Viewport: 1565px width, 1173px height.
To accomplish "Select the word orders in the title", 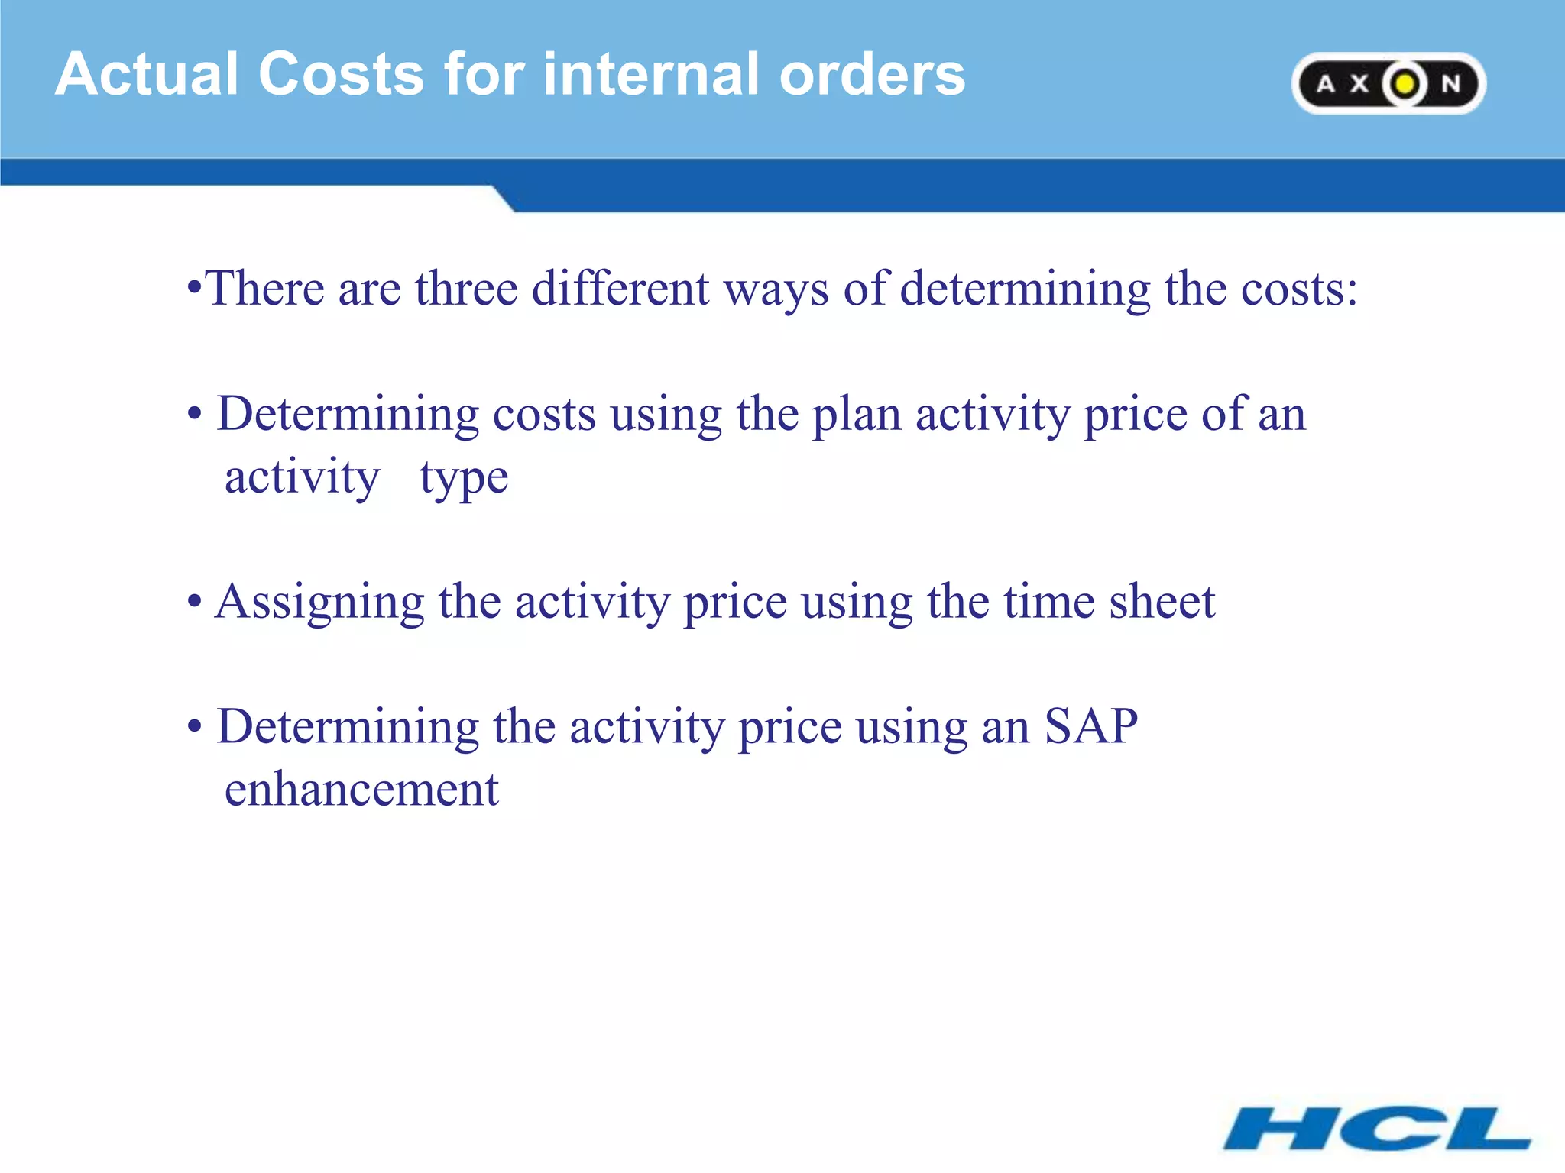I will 872,74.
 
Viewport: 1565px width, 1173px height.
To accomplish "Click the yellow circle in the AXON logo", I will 1405,84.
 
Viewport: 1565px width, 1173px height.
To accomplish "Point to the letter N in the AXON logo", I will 1450,84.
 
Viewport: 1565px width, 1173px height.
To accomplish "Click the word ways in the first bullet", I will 776,290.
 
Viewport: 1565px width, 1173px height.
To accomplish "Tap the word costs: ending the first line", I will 1299,289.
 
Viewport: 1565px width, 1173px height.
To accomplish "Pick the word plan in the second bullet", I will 856,415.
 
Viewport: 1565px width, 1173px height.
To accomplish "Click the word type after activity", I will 464,480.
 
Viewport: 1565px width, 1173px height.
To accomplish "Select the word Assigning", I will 319,602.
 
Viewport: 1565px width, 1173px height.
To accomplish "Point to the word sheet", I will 1162,602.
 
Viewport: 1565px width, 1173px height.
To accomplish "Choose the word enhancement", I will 361,790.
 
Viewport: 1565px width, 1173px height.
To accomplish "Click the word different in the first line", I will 620,289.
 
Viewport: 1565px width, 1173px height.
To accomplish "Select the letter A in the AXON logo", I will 1326,84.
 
